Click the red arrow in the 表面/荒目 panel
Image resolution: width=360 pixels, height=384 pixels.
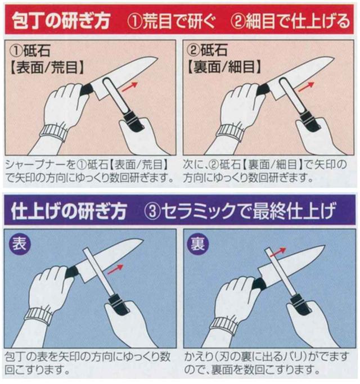pyautogui.click(x=129, y=87)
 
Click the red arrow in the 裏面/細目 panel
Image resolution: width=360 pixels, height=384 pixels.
pyautogui.click(x=306, y=87)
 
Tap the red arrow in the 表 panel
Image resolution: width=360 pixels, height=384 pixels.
pyautogui.click(x=115, y=269)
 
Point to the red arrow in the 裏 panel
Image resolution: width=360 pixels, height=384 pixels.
pyautogui.click(x=278, y=252)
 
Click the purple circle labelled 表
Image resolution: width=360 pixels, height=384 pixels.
pyautogui.click(x=20, y=244)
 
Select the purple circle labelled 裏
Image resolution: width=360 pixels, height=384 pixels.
pyautogui.click(x=198, y=244)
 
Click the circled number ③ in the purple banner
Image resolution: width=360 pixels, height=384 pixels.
pyautogui.click(x=152, y=211)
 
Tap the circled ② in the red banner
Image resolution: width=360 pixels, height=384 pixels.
pyautogui.click(x=237, y=21)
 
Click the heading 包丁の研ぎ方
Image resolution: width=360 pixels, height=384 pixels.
pyautogui.click(x=61, y=21)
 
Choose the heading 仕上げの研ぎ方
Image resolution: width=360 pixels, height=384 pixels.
pyautogui.click(x=69, y=211)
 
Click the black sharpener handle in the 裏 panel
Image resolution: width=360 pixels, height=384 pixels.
pyautogui.click(x=301, y=304)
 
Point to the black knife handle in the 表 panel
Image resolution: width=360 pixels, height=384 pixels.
pyautogui.click(x=73, y=272)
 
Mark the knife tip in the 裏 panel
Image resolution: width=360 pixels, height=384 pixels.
pyautogui.click(x=325, y=245)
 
